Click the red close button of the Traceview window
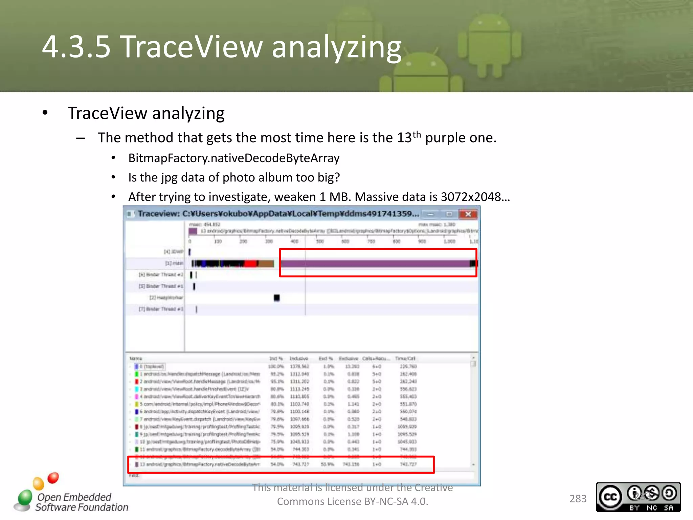coord(468,214)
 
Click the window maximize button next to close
coord(449,214)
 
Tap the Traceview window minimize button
coord(430,214)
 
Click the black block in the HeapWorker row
coord(276,298)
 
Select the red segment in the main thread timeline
coord(250,263)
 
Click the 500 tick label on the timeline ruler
coord(320,241)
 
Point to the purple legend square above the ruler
coord(193,231)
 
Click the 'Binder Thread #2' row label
coord(161,275)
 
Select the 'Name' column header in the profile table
coord(136,359)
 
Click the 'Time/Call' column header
coord(405,359)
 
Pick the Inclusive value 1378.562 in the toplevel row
coord(299,366)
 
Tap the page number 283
coord(578,499)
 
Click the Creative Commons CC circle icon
coord(610,497)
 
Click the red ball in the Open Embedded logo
coord(53,478)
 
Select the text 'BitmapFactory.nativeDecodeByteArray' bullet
coord(234,158)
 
